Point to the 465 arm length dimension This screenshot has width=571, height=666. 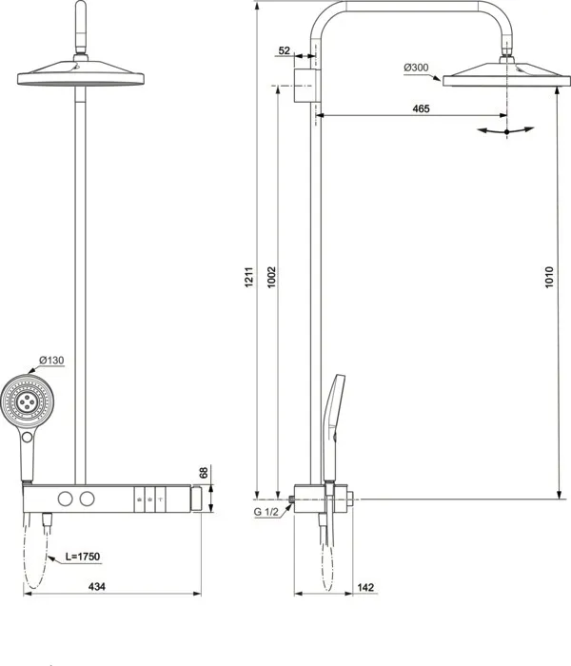click(x=421, y=108)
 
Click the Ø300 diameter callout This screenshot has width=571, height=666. click(x=416, y=67)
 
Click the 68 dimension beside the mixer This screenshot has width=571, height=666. click(x=203, y=472)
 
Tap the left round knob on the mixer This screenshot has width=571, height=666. click(x=65, y=499)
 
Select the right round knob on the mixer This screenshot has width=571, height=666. click(x=89, y=499)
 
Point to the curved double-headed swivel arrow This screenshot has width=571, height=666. click(x=505, y=131)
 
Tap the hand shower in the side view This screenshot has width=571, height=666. click(x=337, y=419)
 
